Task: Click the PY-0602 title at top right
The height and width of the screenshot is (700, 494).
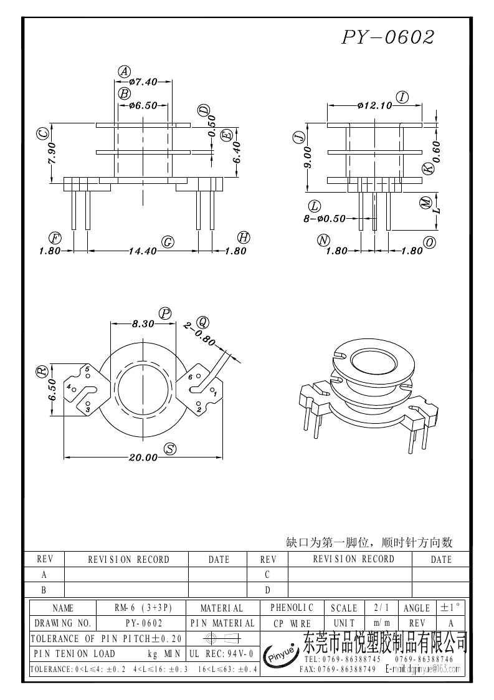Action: click(387, 37)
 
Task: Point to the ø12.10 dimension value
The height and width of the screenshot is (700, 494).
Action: click(374, 105)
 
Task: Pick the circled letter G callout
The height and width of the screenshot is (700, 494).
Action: click(167, 242)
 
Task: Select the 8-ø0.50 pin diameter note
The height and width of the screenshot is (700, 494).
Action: click(325, 219)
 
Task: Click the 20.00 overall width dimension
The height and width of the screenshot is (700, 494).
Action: click(143, 458)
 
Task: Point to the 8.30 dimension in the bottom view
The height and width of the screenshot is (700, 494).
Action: click(143, 324)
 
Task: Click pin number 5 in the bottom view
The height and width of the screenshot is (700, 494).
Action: click(87, 370)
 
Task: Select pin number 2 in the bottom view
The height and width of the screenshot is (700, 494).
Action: click(199, 409)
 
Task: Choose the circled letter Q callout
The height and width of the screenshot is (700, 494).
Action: click(202, 322)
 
